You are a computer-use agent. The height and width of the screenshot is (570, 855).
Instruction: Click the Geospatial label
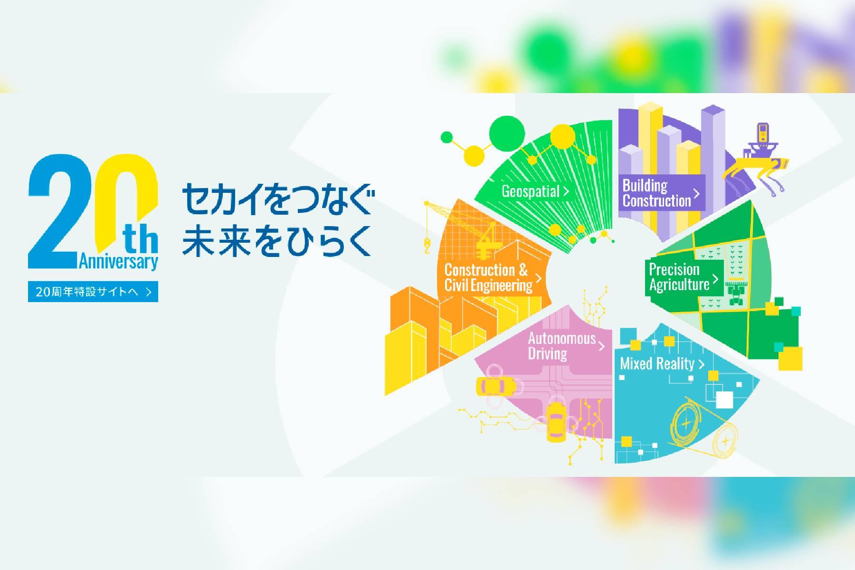535,191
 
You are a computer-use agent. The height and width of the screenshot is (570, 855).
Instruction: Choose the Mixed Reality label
662,364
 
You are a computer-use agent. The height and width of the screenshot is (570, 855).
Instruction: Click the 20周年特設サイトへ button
93,292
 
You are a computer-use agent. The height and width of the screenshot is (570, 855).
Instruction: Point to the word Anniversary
119,262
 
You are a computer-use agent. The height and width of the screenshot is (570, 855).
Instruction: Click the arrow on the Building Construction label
696,194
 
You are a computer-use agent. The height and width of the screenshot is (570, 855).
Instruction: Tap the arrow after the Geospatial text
566,192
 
